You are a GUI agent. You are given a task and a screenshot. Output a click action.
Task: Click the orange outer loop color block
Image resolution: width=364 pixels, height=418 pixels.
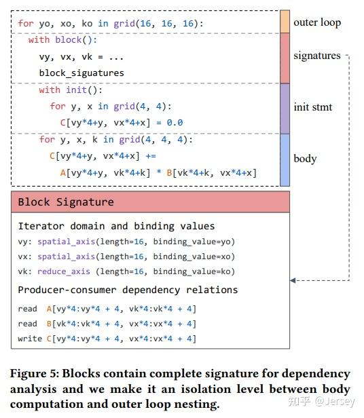285,22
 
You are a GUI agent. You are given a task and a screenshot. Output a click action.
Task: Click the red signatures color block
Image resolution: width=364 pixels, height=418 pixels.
285,58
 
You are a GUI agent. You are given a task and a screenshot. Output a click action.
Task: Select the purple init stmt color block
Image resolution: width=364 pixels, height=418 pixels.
285,108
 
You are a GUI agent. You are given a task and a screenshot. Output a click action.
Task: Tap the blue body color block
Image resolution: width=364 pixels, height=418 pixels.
285,159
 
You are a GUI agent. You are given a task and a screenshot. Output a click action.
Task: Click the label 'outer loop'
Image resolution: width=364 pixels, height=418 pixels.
317,22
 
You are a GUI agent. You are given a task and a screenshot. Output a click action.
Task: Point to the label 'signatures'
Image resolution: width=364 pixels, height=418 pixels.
317,56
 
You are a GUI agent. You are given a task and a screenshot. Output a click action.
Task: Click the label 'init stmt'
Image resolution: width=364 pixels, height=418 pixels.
313,107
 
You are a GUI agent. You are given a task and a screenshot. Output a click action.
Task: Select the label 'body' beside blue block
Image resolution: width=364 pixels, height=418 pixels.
305,159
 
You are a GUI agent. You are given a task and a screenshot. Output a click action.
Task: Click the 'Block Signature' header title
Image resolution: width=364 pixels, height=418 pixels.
66,202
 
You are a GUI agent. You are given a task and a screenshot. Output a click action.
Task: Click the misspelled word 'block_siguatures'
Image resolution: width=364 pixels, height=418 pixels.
81,73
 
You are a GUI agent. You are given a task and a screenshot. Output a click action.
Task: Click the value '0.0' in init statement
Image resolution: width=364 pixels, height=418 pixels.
175,123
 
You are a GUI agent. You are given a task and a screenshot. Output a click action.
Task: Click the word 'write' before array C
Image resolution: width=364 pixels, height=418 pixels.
30,338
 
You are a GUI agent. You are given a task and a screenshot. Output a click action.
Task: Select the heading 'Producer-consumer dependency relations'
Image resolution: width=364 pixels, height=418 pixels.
128,290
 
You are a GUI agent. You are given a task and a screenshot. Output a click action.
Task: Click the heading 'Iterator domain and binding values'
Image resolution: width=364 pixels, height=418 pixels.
116,226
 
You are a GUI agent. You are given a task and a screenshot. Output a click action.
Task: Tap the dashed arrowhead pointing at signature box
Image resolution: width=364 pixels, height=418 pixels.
293,280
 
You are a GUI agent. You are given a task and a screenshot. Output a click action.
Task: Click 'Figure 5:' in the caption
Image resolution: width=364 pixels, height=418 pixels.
35,374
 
